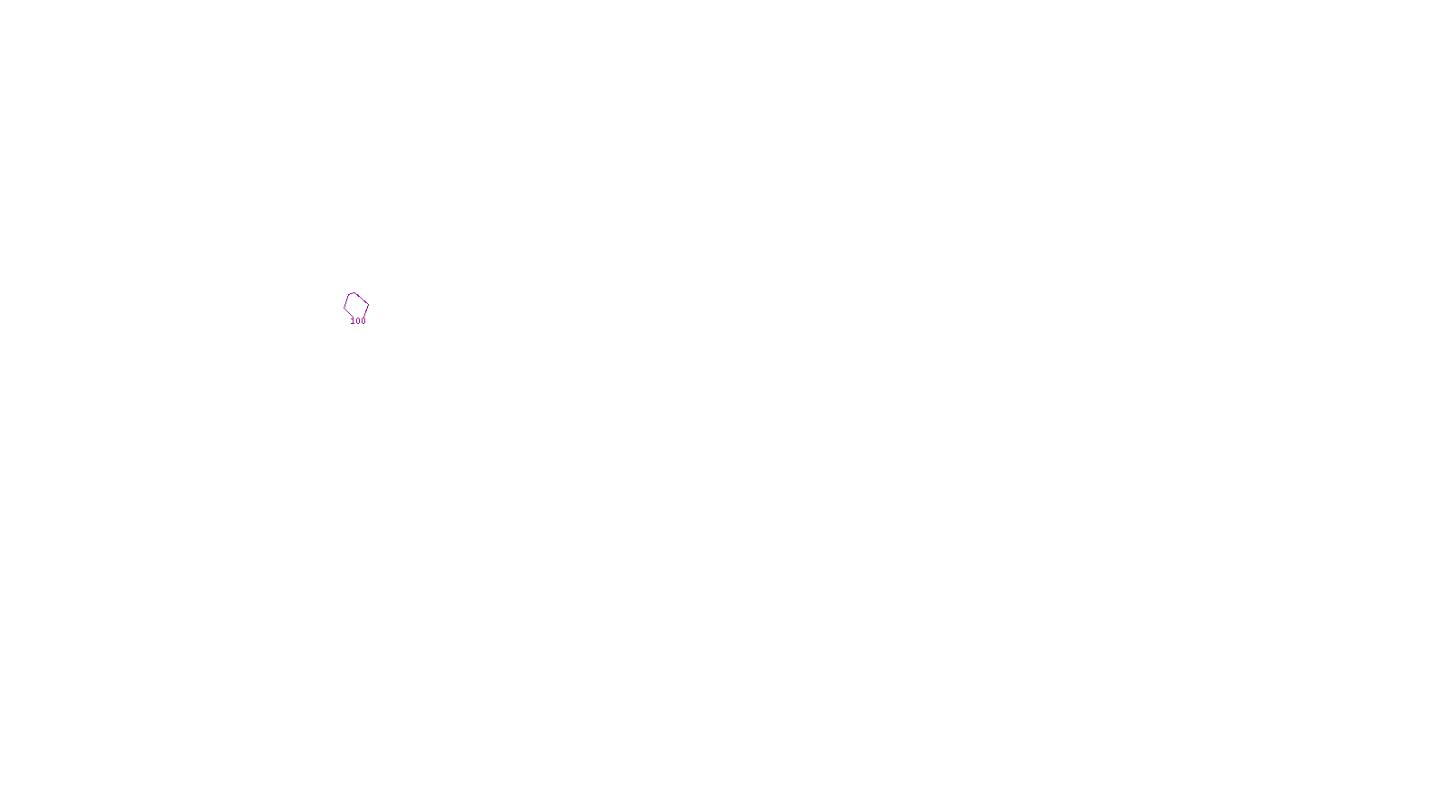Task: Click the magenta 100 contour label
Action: click(358, 321)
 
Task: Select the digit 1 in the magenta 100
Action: click(353, 321)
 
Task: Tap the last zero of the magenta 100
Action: click(363, 321)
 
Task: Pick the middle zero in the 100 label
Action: click(358, 321)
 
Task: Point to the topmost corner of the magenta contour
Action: click(354, 292)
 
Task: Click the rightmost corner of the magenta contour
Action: click(368, 305)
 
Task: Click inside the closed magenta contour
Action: click(355, 305)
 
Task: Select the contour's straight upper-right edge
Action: click(362, 299)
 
